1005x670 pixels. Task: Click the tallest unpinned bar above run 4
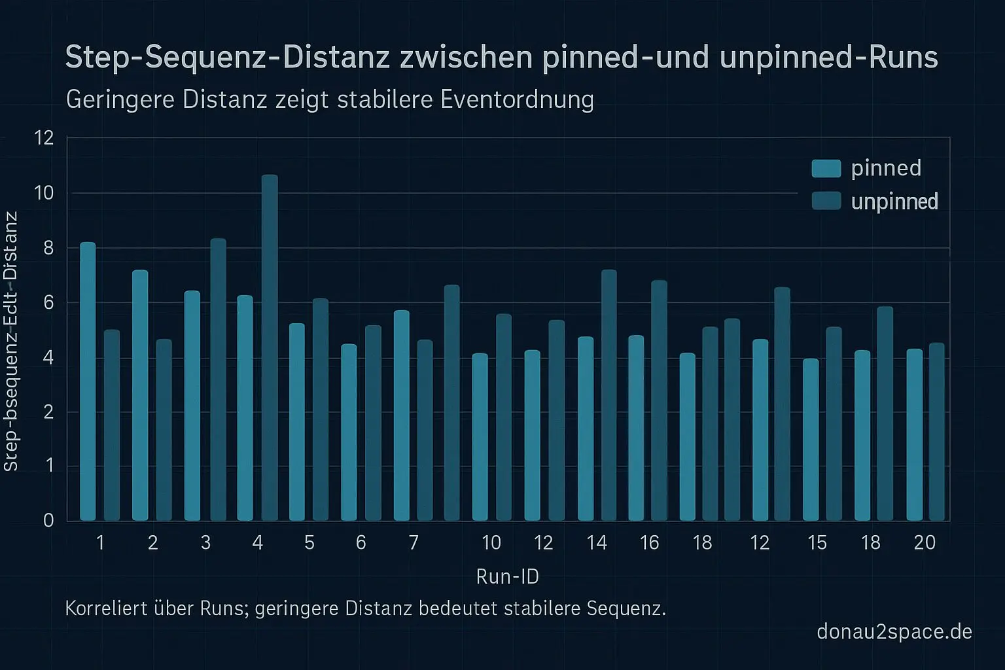270,347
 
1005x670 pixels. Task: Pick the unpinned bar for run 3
218,379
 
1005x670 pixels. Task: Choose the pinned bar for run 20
914,434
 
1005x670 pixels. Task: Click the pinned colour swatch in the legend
826,168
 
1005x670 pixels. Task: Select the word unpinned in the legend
894,201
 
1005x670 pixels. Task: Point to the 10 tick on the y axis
44,193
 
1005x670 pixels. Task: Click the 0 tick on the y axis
48,521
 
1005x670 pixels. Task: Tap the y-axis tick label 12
44,138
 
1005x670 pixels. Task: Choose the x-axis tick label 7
413,542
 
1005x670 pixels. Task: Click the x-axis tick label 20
924,542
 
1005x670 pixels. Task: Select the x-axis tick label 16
649,542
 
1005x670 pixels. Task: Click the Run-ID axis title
507,576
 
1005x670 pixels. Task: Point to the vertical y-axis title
11,340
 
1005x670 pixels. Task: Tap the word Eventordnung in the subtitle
517,99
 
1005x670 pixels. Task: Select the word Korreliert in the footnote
105,608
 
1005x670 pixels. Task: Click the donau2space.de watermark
894,631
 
